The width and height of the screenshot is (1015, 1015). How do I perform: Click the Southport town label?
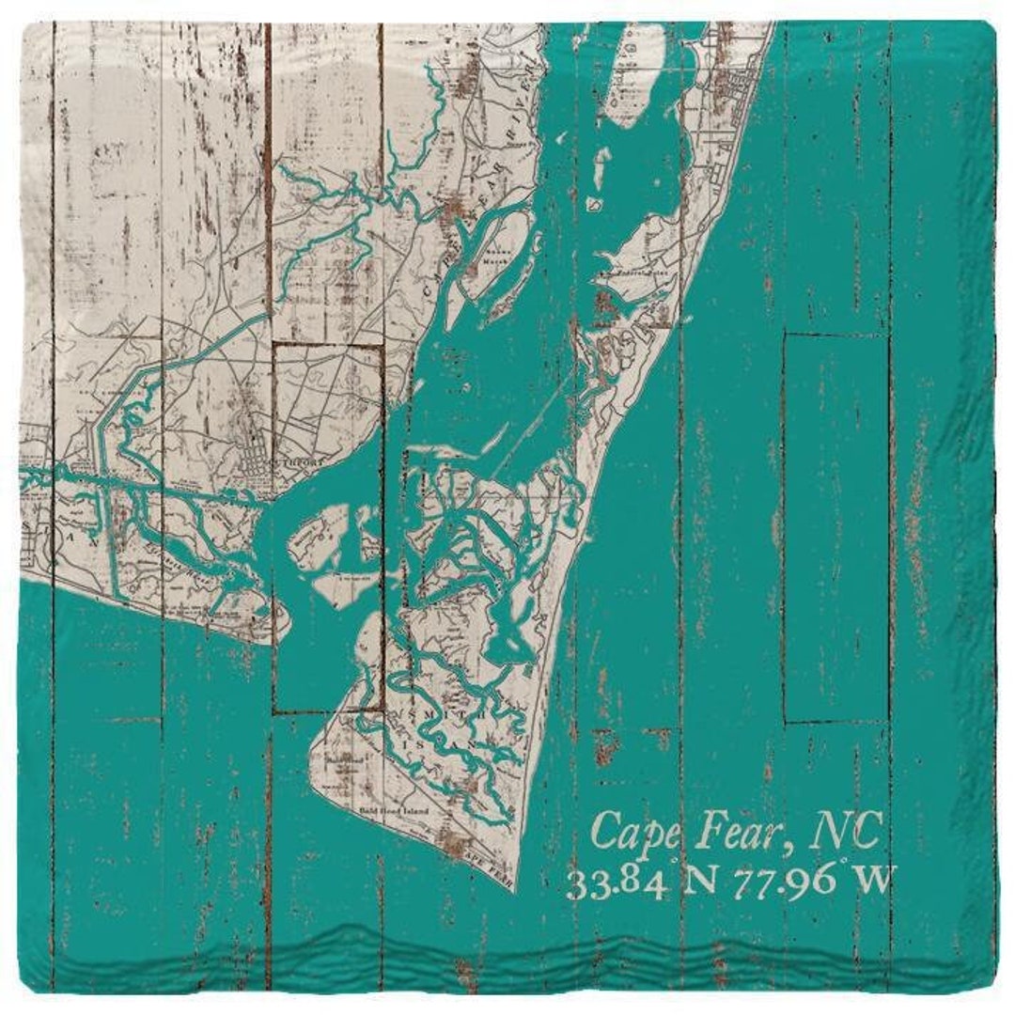coord(299,461)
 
